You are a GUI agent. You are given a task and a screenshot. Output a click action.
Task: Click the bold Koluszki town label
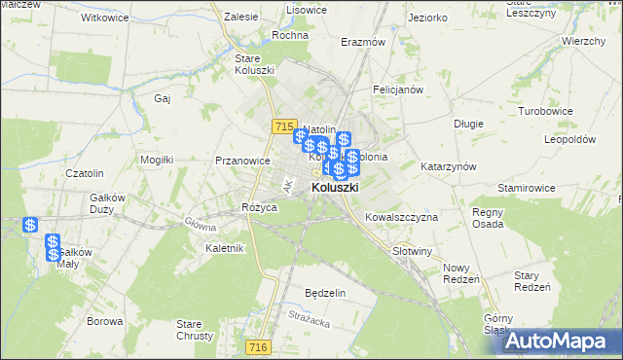point(335,188)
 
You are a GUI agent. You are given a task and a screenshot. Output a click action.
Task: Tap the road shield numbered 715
point(284,126)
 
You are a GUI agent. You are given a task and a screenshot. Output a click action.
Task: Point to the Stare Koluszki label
point(255,64)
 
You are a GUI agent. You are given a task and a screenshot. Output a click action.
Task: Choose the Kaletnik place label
point(225,248)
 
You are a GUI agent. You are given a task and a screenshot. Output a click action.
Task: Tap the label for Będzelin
point(325,293)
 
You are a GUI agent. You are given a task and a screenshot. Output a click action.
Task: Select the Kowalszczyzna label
point(401,217)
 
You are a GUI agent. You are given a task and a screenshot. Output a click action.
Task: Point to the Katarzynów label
point(448,166)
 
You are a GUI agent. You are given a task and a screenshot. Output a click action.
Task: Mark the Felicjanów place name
point(397,90)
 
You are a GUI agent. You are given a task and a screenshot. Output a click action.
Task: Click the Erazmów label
point(363,43)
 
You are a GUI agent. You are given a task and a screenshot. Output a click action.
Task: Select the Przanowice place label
point(242,161)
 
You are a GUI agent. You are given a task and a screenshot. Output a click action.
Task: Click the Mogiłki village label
point(157,159)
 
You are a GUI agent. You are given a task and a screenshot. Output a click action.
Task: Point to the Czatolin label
point(84,173)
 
